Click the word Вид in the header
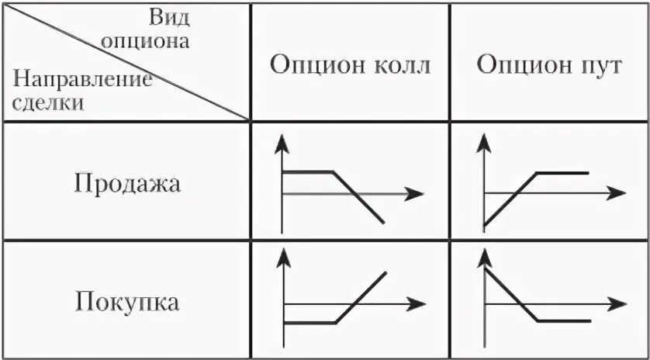click(x=169, y=17)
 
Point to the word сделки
click(x=49, y=102)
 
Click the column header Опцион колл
click(x=349, y=64)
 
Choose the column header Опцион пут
click(x=549, y=64)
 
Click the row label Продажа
click(x=127, y=184)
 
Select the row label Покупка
click(x=127, y=301)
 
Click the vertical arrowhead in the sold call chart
click(x=282, y=140)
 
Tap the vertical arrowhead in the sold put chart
click(x=485, y=140)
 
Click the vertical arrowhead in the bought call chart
click(x=282, y=257)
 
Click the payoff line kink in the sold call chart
click(x=334, y=171)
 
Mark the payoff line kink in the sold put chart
click(x=537, y=171)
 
